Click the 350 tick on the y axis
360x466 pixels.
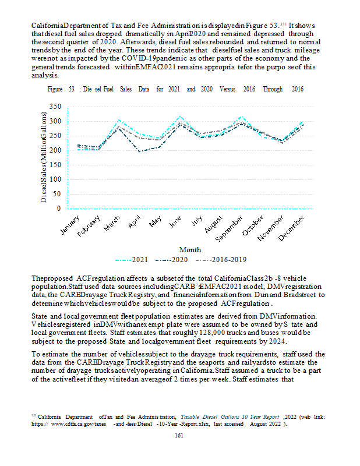click(x=55, y=107)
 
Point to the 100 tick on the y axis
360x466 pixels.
click(x=55, y=179)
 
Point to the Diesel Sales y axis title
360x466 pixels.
click(x=44, y=157)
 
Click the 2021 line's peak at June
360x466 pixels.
click(x=180, y=117)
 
